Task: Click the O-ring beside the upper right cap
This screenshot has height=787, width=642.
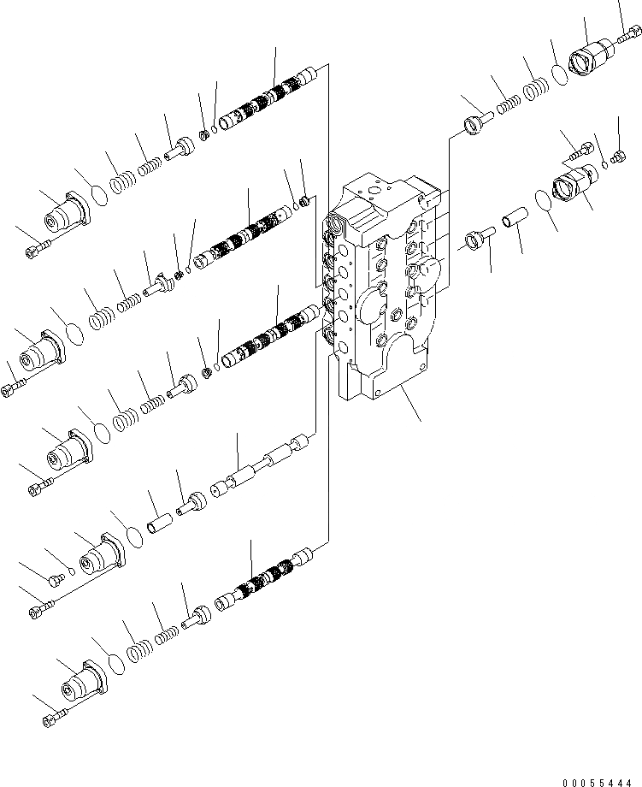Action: click(559, 74)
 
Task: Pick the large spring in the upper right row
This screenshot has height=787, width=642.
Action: click(535, 88)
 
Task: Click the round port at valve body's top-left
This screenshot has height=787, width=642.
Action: click(339, 227)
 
